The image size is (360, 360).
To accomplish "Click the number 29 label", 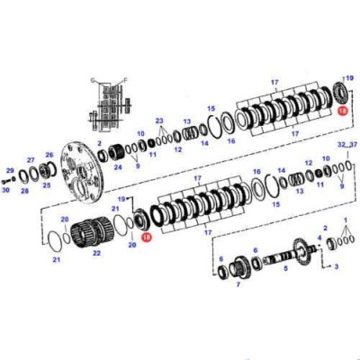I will (x=10, y=170).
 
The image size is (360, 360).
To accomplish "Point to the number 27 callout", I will (x=30, y=159).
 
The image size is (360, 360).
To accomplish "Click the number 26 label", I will (x=49, y=155).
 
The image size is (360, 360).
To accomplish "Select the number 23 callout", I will (x=158, y=120).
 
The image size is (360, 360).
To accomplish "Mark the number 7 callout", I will (x=238, y=285).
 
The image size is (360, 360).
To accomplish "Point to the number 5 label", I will (x=286, y=267).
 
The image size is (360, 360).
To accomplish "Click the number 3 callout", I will (x=336, y=266).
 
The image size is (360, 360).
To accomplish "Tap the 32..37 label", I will (x=346, y=144).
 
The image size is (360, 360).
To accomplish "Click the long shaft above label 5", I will (x=288, y=254).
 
